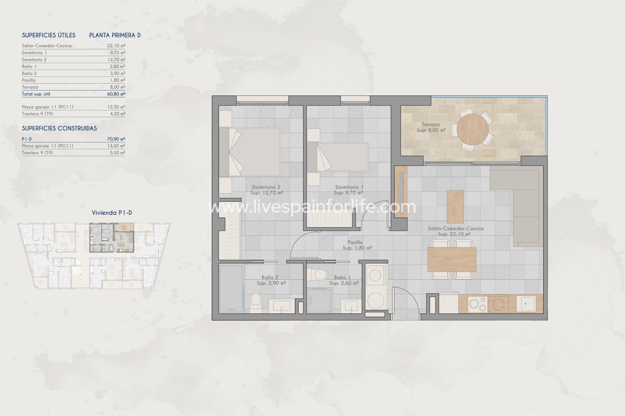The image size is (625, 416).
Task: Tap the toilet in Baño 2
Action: [x=256, y=303]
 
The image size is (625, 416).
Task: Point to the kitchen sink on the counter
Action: [x=526, y=303]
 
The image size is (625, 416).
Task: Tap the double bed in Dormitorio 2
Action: [x=250, y=152]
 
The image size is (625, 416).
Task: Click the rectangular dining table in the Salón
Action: [x=451, y=259]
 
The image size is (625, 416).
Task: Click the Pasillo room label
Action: [x=355, y=242]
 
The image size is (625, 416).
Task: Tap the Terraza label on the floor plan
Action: [x=430, y=124]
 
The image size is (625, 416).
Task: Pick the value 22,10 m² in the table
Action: [x=116, y=46]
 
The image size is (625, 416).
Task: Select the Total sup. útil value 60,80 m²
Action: [x=116, y=94]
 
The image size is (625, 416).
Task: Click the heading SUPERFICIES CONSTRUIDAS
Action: [x=59, y=128]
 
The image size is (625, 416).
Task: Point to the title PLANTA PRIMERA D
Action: [x=115, y=35]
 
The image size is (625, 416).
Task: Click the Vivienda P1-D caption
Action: [x=112, y=213]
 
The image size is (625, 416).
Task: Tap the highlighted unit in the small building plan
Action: [x=111, y=238]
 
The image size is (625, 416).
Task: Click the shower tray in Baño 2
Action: [x=231, y=288]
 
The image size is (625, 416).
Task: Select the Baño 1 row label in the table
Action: [x=29, y=66]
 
